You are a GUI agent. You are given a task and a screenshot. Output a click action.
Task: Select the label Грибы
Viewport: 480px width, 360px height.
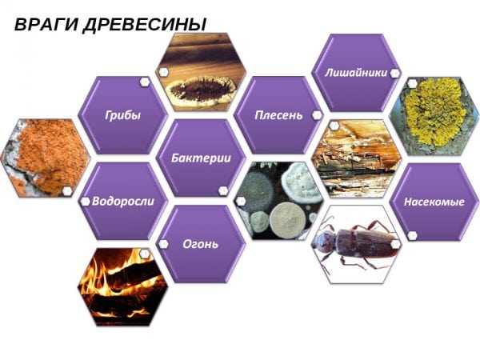[122, 115]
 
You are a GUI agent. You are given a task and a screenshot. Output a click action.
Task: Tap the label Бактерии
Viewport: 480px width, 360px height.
[201, 158]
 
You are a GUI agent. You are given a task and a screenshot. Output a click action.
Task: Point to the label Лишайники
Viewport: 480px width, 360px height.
[355, 72]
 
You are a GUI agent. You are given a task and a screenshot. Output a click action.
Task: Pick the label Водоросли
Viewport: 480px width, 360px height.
[122, 202]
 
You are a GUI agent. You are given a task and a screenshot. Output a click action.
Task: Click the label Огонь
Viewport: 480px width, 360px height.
[200, 244]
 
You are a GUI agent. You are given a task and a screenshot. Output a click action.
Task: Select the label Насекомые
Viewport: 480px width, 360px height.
[434, 202]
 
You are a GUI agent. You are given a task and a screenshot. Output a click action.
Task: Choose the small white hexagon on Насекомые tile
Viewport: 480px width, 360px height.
[412, 235]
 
